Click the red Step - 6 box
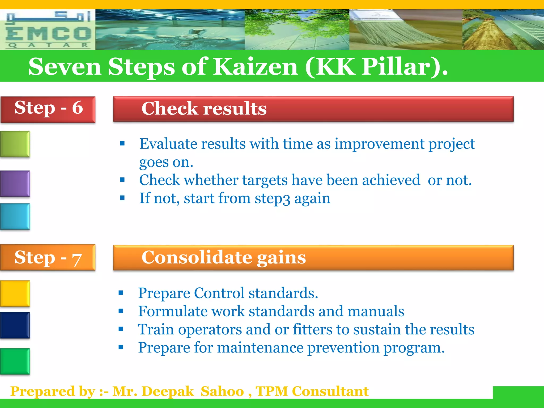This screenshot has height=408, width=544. pos(48,109)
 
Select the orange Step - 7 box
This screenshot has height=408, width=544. pos(48,257)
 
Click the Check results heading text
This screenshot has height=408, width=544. pos(204,109)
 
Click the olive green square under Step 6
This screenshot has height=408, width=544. pos(15,144)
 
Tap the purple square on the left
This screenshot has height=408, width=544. pos(15,183)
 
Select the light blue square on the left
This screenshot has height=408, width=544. pos(15,216)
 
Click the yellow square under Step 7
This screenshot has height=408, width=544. pos(15,293)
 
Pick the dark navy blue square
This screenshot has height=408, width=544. pos(15,325)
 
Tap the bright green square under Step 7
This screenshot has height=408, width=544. pos(15,361)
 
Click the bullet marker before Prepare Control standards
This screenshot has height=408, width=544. pos(121,293)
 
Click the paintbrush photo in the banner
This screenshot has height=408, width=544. pos(406,30)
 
